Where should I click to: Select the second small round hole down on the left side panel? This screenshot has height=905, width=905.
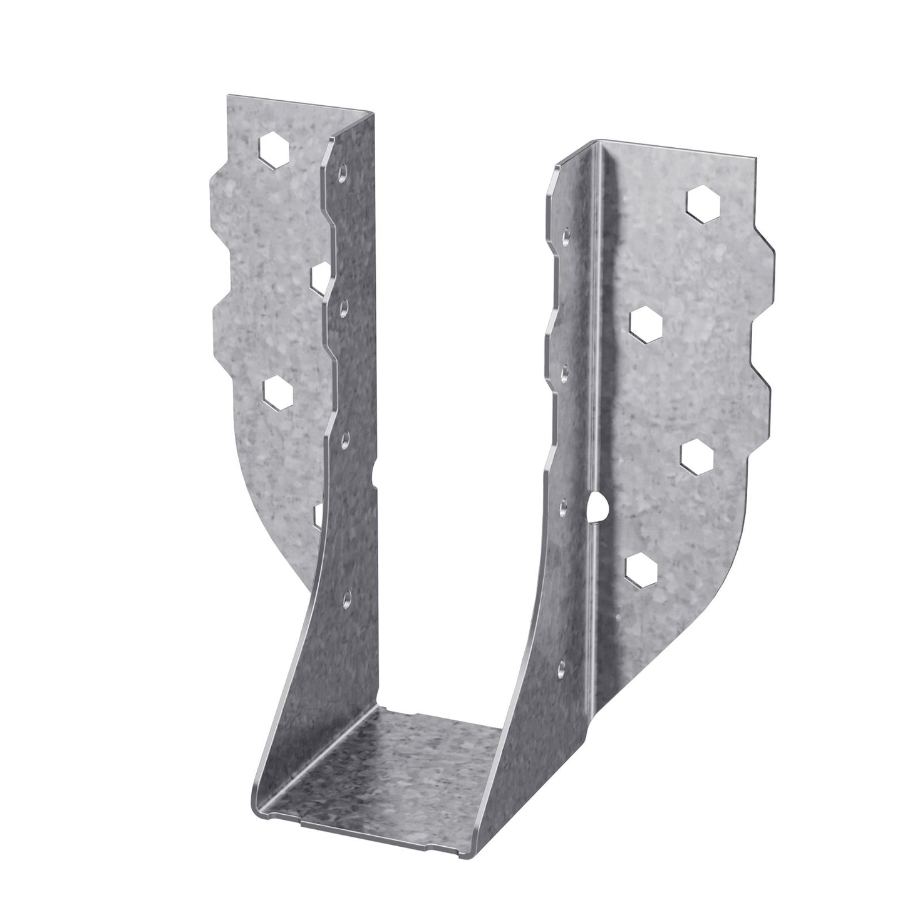[343, 308]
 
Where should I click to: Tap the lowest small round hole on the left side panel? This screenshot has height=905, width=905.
[345, 598]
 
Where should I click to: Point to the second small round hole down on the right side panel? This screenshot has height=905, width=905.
[564, 371]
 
